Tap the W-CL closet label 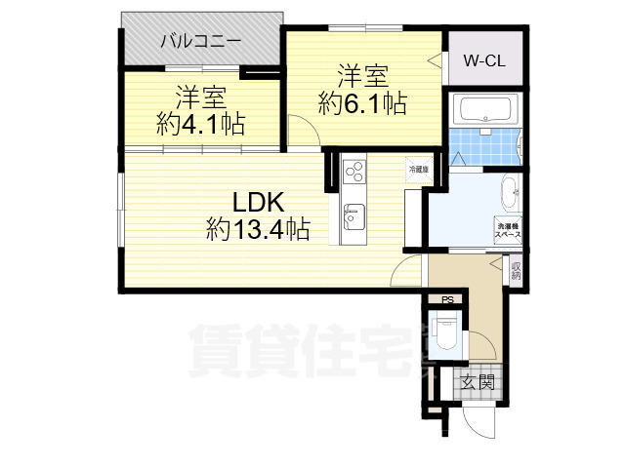[482, 59]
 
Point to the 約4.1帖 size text [201, 124]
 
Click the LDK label [257, 203]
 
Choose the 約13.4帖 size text [258, 230]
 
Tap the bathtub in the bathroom [484, 109]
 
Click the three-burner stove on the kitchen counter [354, 172]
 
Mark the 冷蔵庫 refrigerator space [418, 170]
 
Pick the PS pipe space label [447, 299]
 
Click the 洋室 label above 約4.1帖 [201, 97]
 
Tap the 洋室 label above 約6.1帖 [364, 74]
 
